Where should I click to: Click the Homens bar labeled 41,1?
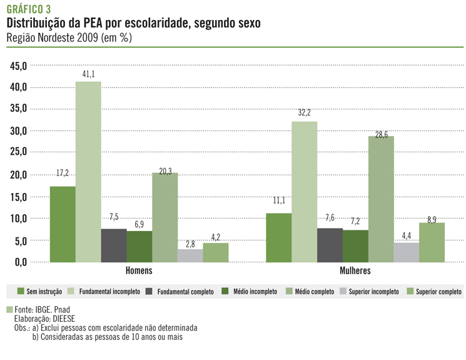(x=88, y=172)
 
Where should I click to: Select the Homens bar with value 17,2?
(x=63, y=224)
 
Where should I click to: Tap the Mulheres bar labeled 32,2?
(x=304, y=191)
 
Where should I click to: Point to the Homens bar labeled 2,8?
(x=191, y=255)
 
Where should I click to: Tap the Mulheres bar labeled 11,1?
(x=278, y=237)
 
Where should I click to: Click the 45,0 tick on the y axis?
(x=16, y=65)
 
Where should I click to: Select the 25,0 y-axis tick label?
(x=16, y=153)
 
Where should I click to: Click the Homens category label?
(x=139, y=271)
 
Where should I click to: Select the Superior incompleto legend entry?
(x=367, y=292)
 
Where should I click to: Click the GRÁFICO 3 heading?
(x=29, y=8)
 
